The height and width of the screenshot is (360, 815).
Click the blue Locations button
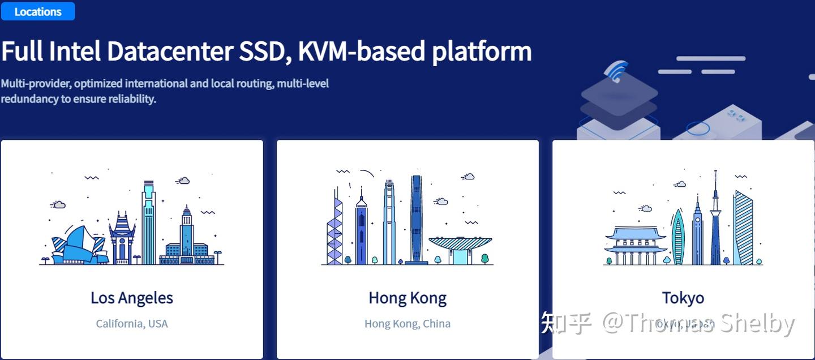click(38, 11)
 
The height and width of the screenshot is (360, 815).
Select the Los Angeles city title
click(132, 298)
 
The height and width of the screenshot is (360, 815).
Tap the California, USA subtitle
click(132, 324)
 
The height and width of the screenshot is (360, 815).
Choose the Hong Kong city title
click(407, 298)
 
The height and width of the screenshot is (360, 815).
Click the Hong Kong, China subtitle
click(407, 324)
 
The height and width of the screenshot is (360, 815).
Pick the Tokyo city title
click(683, 298)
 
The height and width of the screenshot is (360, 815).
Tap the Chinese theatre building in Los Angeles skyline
click(122, 238)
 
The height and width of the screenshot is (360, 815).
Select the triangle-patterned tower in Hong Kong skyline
click(334, 232)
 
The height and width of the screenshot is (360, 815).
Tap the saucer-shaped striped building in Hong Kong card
click(460, 246)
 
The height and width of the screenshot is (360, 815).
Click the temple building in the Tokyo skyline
click(636, 245)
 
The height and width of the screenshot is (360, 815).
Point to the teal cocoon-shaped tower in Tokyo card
click(678, 238)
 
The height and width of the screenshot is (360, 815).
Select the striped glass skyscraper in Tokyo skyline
click(743, 229)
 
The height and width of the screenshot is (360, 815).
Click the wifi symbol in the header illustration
click(616, 71)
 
